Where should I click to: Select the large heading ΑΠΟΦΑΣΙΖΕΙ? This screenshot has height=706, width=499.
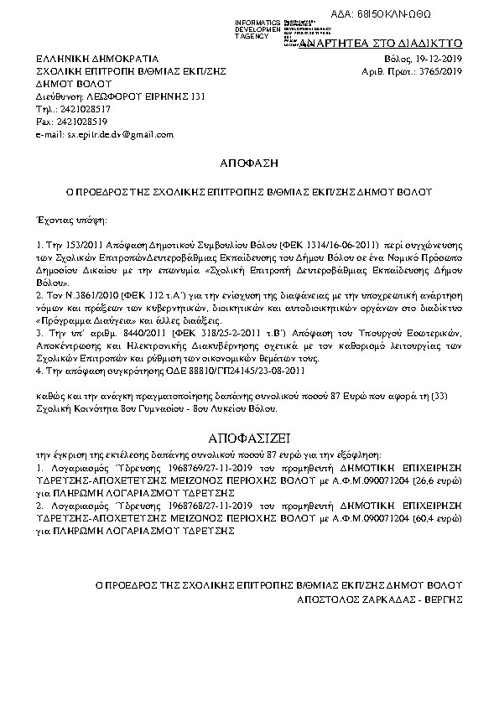[249, 439]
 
